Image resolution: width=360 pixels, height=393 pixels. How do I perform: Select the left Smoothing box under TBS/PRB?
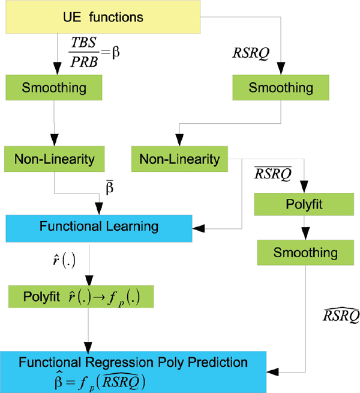point(54,88)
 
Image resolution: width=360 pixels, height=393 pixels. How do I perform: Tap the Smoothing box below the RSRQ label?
point(281,88)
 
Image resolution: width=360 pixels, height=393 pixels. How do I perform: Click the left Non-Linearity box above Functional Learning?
point(54,159)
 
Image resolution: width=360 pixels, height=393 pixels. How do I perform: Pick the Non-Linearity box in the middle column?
point(179,159)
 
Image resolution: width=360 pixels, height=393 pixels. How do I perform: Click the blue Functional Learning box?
point(98,227)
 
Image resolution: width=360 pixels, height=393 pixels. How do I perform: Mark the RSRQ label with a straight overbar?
point(274,174)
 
